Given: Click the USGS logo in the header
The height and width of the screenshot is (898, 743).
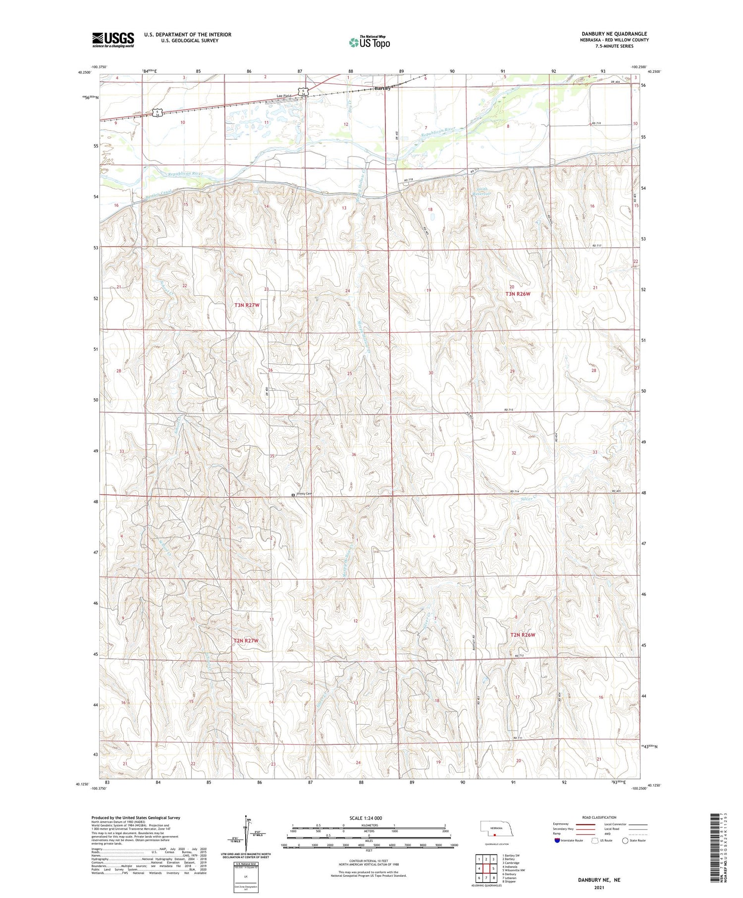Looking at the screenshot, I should [x=113, y=40].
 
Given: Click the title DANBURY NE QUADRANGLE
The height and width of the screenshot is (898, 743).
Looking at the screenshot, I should [x=614, y=34].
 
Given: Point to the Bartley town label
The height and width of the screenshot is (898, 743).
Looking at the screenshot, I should [x=383, y=88].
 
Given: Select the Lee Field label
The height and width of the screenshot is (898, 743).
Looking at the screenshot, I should [x=284, y=96].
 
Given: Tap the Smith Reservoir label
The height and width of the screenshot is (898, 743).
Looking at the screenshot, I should [x=482, y=192].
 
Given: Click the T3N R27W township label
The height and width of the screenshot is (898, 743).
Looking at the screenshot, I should [x=247, y=305].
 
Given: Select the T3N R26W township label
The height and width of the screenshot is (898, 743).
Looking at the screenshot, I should [x=518, y=294].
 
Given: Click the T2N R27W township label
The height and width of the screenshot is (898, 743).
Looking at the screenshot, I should [x=246, y=640].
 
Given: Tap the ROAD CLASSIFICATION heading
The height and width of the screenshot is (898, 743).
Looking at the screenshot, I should [x=599, y=817].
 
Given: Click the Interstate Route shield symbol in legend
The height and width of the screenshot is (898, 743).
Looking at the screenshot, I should [x=557, y=841].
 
